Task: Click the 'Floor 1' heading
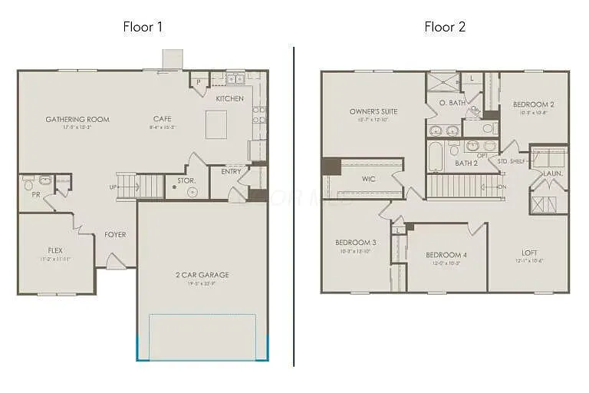point(143,27)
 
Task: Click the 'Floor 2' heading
point(445,27)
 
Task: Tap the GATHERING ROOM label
point(77,119)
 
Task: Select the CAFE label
point(162,119)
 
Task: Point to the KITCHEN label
point(229,99)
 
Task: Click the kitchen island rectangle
point(216,124)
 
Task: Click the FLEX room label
point(55,250)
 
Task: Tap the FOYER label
point(116,235)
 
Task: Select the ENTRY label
point(231,172)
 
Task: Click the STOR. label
point(186,181)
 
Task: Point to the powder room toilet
point(28,184)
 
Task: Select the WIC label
point(368,179)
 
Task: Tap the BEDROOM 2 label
point(533,104)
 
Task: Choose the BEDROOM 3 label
point(355,243)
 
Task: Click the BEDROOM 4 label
point(446,255)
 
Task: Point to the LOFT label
point(529,253)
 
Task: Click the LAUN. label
point(553,173)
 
